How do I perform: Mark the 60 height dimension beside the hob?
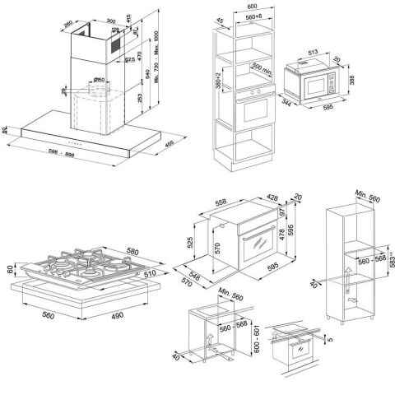click(11, 268)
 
